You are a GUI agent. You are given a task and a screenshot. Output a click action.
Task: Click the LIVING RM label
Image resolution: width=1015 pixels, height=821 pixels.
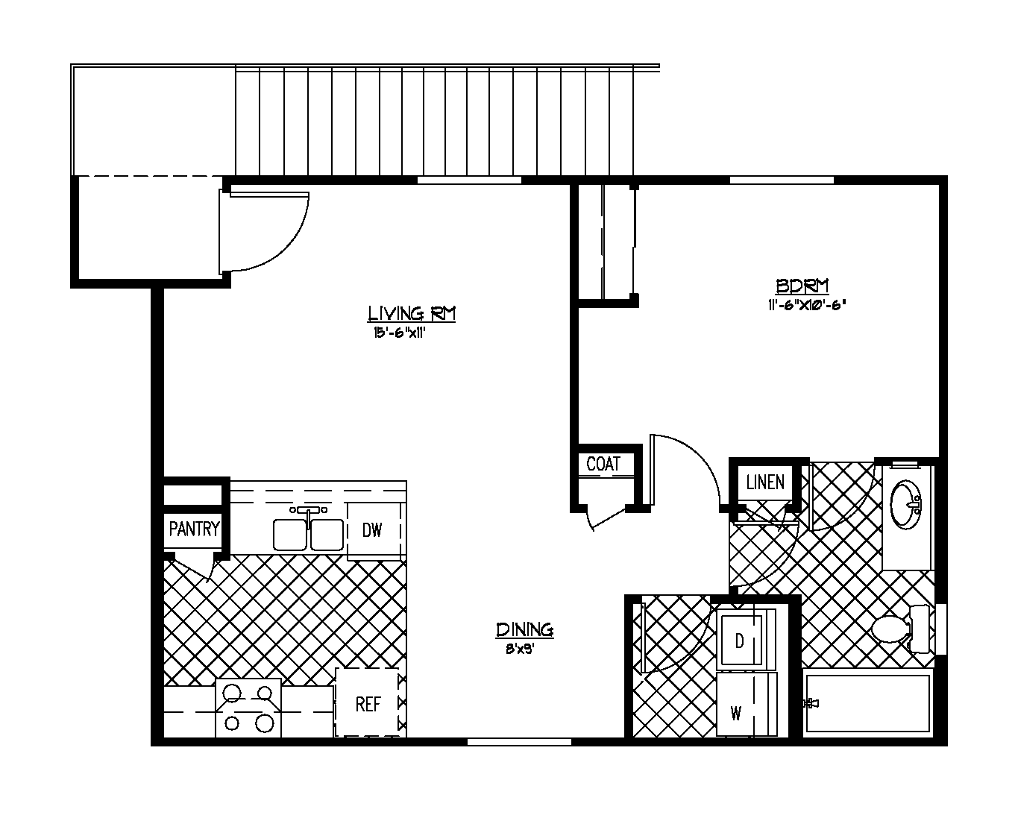412,314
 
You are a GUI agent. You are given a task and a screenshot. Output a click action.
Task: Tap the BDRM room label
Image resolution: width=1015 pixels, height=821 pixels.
802,286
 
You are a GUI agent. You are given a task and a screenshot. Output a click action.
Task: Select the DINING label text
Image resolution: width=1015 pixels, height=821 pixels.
525,630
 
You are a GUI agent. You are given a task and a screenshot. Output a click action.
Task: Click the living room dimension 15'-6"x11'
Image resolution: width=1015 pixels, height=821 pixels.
399,333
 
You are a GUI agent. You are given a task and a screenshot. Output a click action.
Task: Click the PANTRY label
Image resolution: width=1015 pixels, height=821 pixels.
194,529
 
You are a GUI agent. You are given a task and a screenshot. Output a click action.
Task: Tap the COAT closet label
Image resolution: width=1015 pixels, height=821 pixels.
603,464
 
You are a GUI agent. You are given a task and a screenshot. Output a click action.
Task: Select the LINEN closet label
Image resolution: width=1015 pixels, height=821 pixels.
765,482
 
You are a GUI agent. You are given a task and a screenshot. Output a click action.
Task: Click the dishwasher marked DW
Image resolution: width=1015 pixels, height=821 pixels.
373,530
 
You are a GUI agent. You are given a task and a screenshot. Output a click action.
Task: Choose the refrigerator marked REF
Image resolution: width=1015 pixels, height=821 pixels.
368,704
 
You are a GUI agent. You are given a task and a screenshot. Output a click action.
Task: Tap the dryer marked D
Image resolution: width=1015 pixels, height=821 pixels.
740,641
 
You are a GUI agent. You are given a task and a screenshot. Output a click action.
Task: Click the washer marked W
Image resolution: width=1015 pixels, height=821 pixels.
737,714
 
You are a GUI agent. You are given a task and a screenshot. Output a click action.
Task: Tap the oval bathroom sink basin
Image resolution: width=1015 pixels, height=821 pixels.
905,504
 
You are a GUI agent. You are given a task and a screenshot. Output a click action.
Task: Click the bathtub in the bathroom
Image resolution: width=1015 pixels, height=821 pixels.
869,703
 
